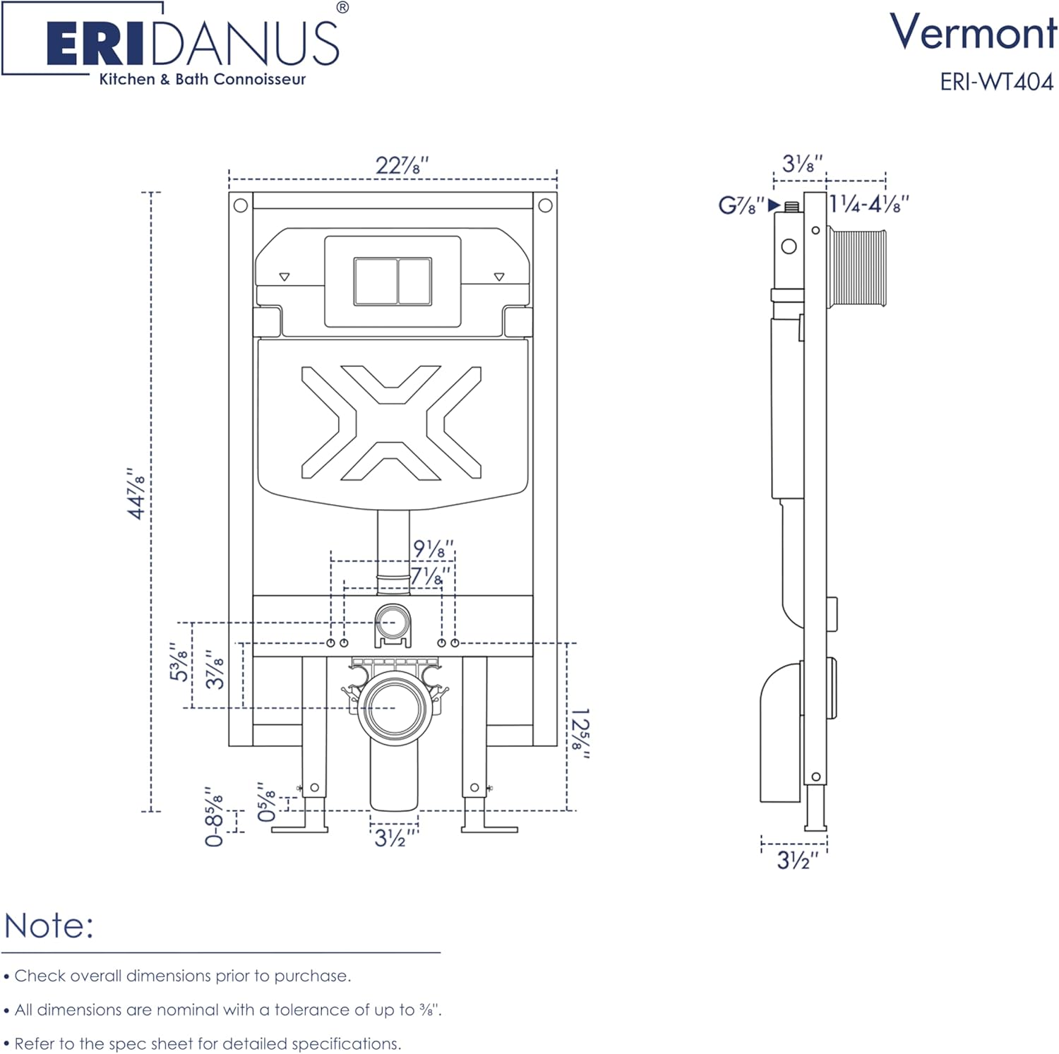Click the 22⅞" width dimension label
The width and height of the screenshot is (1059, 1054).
(402, 165)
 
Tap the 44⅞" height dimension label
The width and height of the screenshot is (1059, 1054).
(136, 493)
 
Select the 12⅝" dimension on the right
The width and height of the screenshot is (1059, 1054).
(580, 733)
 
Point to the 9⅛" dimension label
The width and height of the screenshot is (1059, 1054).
(433, 549)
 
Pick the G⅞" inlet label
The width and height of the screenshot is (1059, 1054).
(741, 205)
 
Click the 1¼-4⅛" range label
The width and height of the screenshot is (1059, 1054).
(868, 205)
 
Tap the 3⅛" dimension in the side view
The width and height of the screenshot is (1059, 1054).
(802, 164)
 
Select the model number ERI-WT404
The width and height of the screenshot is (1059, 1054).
(996, 82)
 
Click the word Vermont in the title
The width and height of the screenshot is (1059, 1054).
(973, 32)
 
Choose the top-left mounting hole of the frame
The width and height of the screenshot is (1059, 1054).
(241, 205)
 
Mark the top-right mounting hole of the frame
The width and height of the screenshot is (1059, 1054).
(545, 205)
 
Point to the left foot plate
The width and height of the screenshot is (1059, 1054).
(299, 828)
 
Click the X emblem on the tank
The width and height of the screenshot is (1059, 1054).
(391, 422)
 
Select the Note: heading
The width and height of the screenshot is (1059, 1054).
(49, 926)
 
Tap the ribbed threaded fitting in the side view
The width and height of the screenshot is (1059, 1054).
(856, 267)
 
